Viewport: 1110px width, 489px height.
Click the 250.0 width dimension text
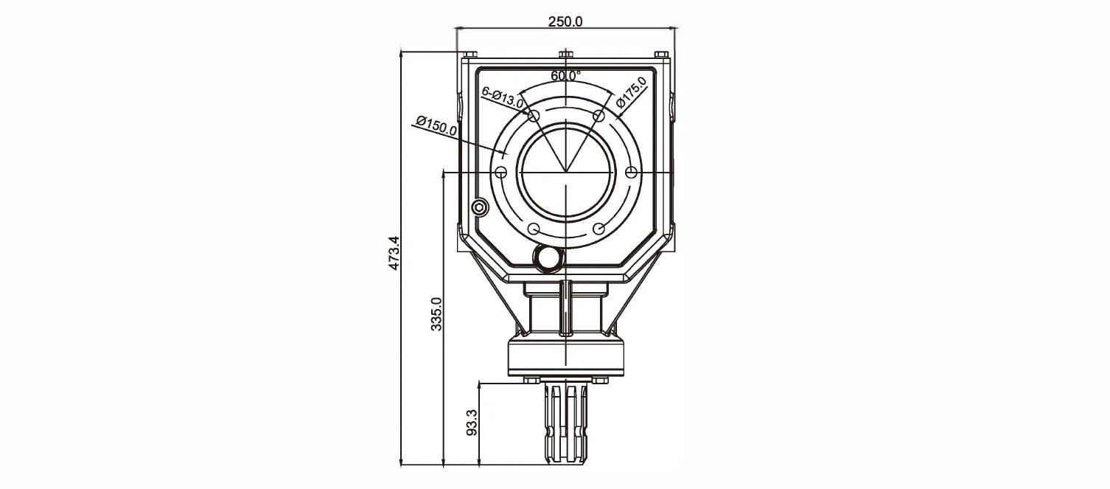[x=565, y=21]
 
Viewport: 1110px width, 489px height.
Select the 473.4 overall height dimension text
[x=394, y=254]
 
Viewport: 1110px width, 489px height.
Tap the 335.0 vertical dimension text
[x=436, y=314]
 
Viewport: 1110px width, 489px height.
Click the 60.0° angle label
[x=565, y=75]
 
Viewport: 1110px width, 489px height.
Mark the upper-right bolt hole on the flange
[x=598, y=116]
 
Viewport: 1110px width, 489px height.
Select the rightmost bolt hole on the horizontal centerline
[x=630, y=172]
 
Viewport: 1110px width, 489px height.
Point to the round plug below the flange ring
[x=548, y=257]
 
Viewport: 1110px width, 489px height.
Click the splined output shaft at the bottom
[x=565, y=424]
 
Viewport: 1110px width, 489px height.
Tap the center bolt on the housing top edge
[x=565, y=55]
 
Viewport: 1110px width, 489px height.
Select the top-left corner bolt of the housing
[x=470, y=55]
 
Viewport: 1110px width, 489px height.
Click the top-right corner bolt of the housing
[x=661, y=55]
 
